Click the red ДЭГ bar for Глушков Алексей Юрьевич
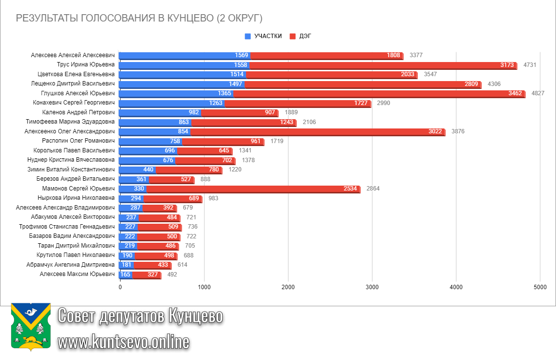click(x=379, y=93)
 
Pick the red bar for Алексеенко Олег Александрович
click(x=317, y=131)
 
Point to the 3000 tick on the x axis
click(x=372, y=287)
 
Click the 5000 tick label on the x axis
click(x=540, y=287)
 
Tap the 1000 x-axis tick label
click(x=204, y=287)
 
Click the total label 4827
click(x=537, y=93)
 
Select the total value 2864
click(x=373, y=189)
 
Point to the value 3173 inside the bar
click(x=507, y=65)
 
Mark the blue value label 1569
click(x=242, y=55)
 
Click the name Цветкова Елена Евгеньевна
click(x=76, y=74)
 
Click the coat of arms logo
click(x=31, y=327)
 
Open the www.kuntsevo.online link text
click(x=124, y=342)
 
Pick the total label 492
click(x=172, y=275)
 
